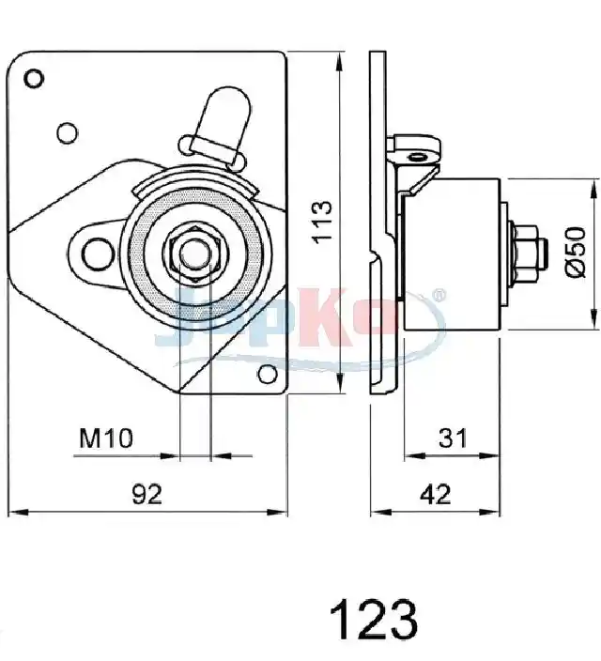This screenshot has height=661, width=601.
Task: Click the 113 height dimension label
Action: tap(323, 223)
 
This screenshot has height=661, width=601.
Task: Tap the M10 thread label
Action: tap(106, 438)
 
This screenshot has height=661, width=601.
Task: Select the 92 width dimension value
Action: tap(146, 494)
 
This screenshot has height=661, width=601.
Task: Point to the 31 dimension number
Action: tap(453, 438)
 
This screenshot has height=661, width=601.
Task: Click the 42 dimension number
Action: tap(436, 494)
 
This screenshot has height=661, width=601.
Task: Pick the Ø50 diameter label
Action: tap(576, 252)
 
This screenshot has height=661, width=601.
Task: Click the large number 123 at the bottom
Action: tap(374, 620)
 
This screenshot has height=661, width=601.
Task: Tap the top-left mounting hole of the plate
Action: tap(34, 79)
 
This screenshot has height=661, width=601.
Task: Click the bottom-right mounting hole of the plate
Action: tap(268, 374)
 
